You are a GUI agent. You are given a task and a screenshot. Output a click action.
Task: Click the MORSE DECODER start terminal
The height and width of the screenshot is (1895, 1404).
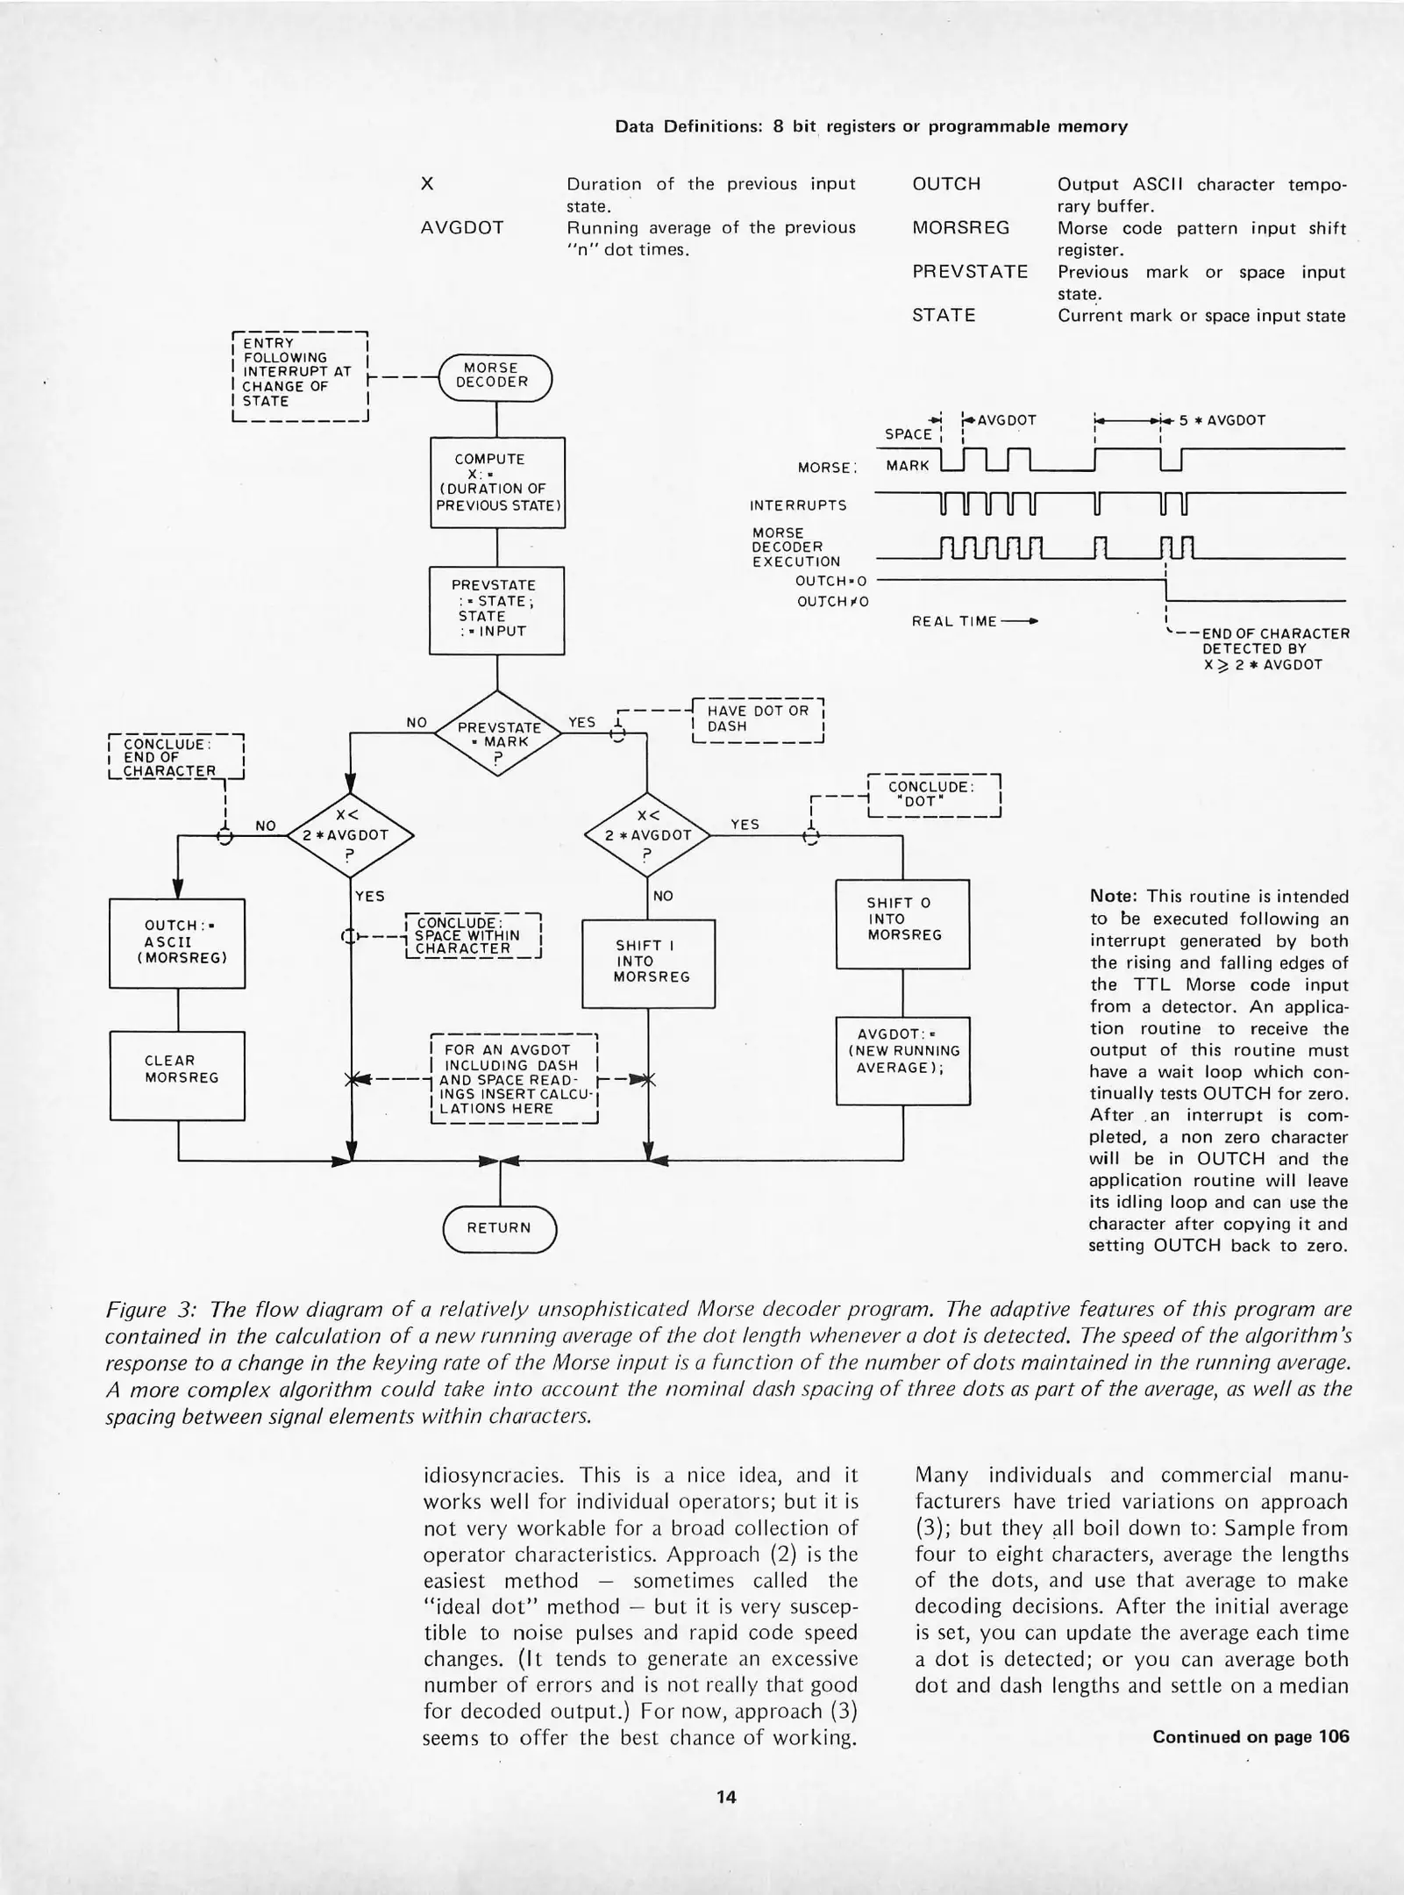point(495,376)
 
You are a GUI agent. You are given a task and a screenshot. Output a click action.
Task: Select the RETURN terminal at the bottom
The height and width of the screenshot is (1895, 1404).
point(499,1227)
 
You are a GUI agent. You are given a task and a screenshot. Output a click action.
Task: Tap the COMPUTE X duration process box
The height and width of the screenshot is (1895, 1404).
point(497,483)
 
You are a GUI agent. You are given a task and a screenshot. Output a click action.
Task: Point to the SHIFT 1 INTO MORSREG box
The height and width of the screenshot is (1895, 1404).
point(649,962)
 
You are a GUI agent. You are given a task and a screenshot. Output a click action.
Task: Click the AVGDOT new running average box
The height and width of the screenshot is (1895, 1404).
point(902,1059)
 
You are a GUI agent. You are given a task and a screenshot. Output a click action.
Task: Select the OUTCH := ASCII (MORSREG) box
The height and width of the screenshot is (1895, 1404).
point(177,942)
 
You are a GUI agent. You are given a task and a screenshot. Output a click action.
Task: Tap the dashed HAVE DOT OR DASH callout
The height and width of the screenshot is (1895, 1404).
point(758,719)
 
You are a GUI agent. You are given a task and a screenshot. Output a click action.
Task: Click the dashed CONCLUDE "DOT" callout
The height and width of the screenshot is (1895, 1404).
point(933,795)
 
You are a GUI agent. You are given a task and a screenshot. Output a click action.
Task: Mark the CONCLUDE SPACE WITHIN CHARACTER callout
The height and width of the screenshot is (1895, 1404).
point(474,936)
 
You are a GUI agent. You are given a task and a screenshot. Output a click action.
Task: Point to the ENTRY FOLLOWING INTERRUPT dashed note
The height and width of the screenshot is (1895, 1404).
point(297,373)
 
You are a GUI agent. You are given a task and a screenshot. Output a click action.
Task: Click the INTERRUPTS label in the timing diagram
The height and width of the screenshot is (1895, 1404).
point(798,506)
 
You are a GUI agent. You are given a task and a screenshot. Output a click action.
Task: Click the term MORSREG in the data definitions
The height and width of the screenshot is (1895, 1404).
point(961,228)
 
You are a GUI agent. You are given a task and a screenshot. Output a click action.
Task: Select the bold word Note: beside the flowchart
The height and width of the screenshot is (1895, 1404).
point(1113,897)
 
